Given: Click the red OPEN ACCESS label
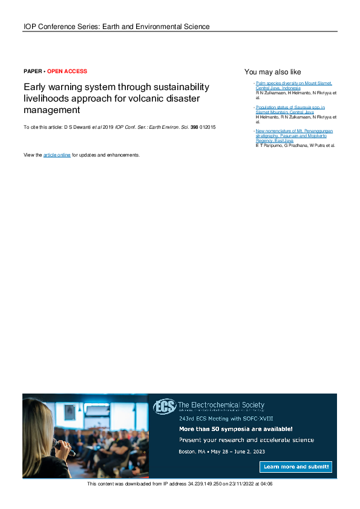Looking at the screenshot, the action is (x=67, y=71).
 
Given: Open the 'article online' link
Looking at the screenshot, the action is (x=57, y=155).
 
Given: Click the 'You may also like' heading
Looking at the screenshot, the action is (x=272, y=72).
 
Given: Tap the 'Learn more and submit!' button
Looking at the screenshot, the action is (x=296, y=467).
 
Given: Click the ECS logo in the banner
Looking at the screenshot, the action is (x=164, y=406).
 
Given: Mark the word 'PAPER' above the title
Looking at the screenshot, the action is (x=33, y=71).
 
